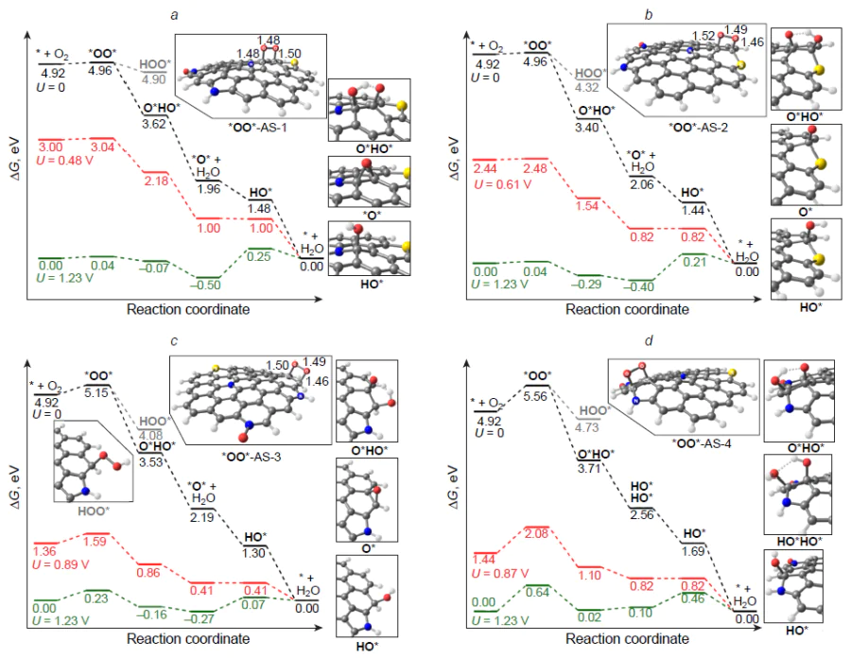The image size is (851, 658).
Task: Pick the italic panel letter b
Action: point(648,16)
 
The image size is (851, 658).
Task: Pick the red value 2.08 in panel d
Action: point(536,535)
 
